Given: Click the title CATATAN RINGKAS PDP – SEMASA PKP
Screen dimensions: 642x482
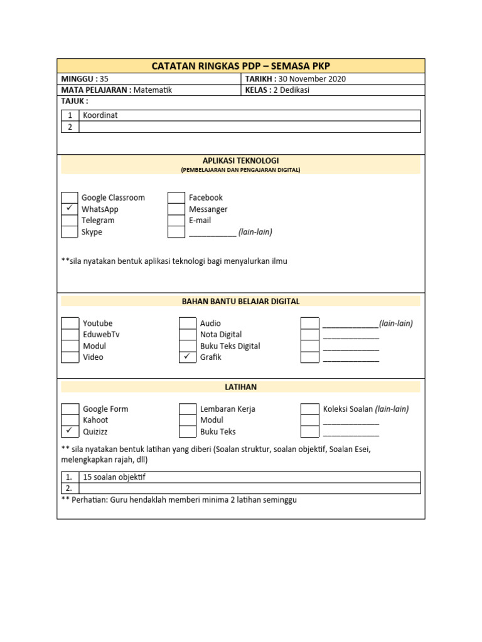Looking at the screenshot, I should point(241,66).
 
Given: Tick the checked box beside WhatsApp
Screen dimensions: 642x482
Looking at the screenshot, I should point(70,209).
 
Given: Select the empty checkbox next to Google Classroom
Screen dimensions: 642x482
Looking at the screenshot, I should point(70,197).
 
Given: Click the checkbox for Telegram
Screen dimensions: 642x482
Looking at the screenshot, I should point(70,221).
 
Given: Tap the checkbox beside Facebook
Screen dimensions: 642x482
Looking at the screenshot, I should point(176,197).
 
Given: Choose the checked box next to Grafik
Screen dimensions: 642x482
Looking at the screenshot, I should point(188,357).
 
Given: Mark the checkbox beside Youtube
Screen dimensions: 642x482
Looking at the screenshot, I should point(70,324).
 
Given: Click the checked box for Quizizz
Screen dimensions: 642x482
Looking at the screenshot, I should point(70,431).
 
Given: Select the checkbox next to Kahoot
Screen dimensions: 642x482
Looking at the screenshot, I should point(70,420).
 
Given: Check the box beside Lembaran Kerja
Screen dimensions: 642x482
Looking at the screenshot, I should point(188,409).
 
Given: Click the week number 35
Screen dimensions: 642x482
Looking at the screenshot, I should point(104,79).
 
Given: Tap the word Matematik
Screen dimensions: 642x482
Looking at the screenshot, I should point(153,90).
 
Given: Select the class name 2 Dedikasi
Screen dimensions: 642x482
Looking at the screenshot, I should point(291,90).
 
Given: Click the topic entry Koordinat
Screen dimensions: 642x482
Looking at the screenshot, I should point(100,115).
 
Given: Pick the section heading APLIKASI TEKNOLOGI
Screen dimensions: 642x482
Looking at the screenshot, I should point(240,161).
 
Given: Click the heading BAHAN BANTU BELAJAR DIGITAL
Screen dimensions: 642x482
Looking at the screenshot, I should point(240,302).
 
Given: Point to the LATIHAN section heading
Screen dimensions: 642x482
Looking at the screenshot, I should point(240,387).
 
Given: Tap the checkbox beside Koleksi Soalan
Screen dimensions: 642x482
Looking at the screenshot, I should point(309,409).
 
